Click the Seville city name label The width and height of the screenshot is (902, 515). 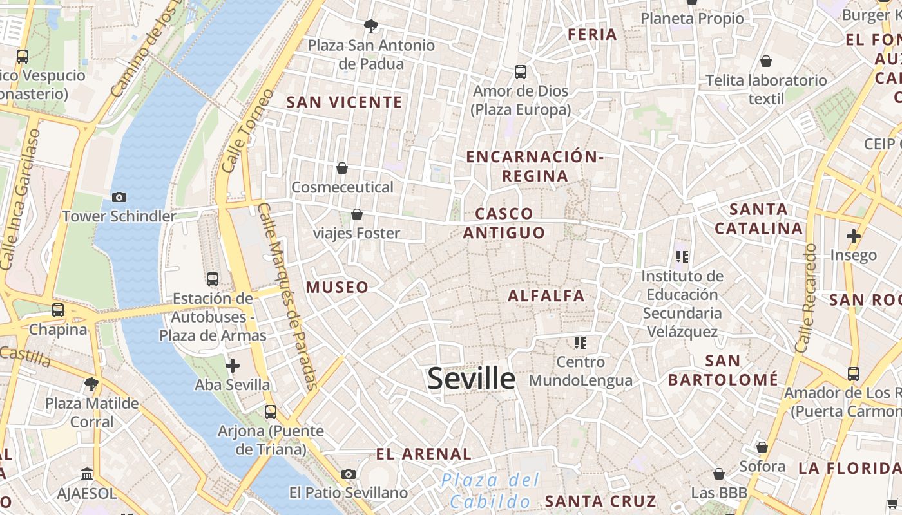[471, 379]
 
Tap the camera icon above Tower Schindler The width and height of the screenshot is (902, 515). [119, 198]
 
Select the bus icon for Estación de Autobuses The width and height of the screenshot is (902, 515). [213, 279]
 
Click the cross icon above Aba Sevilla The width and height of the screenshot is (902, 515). [232, 366]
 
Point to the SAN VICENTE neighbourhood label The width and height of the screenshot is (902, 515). [344, 102]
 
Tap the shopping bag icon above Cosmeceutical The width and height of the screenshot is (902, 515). [342, 169]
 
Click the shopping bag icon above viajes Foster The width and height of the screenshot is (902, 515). [356, 214]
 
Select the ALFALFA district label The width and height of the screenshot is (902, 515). [546, 296]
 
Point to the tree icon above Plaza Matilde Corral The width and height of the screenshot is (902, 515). [91, 384]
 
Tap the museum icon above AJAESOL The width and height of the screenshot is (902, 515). [87, 475]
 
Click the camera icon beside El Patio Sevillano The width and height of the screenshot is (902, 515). [349, 474]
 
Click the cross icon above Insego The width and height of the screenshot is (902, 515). [853, 236]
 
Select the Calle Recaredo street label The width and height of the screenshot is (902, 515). [806, 297]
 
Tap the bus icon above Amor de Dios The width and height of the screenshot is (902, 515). [520, 72]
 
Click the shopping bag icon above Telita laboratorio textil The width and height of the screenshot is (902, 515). [765, 62]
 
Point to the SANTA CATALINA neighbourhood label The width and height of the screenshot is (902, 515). [758, 219]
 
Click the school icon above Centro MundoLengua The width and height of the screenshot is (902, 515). [581, 342]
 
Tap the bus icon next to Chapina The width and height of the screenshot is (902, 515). [58, 310]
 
